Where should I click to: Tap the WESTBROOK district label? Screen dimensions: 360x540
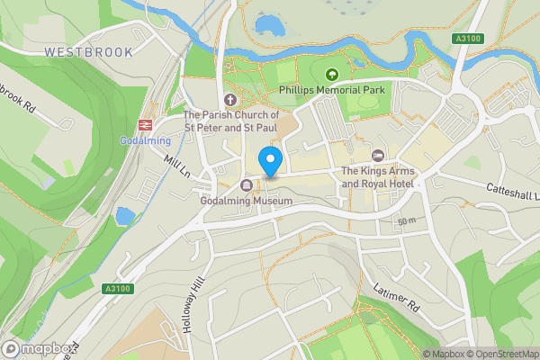[x=88, y=53]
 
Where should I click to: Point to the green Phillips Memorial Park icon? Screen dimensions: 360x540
[x=332, y=76]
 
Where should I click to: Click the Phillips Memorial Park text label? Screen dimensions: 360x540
[x=332, y=91]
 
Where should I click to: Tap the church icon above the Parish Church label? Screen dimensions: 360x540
[x=229, y=100]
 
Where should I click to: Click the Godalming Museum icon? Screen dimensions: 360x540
[x=247, y=186]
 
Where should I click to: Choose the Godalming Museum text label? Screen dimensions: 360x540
[x=247, y=201]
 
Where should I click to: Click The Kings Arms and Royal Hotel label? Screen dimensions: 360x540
[x=376, y=177]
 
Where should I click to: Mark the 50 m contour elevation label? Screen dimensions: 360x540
[x=405, y=220]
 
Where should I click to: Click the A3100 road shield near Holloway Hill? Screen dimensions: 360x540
[x=117, y=288]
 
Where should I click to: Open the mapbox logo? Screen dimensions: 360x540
[x=36, y=348]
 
